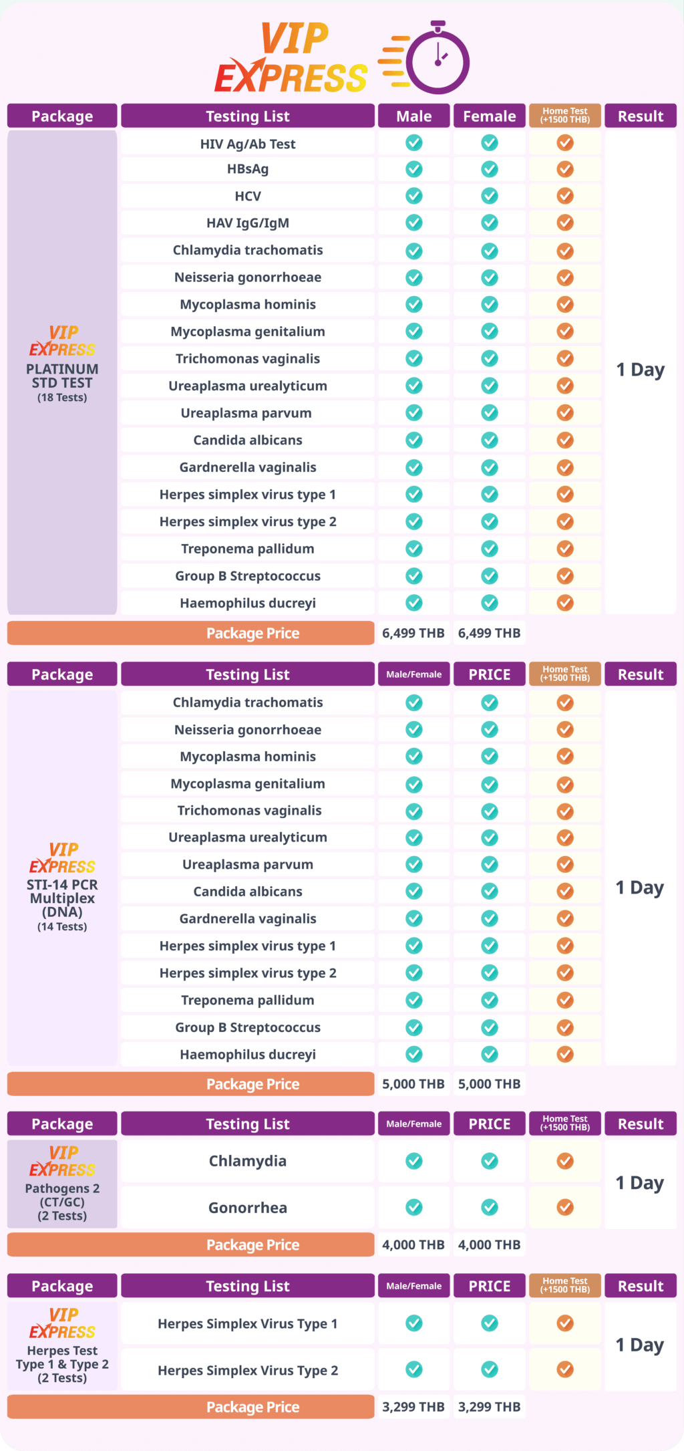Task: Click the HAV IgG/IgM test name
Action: pyautogui.click(x=248, y=223)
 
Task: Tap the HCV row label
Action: pyautogui.click(x=248, y=196)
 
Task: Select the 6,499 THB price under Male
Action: pyautogui.click(x=413, y=633)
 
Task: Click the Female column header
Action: pyautogui.click(x=489, y=116)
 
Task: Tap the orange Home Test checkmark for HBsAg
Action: pyautogui.click(x=565, y=169)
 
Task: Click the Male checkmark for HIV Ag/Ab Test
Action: pyautogui.click(x=414, y=142)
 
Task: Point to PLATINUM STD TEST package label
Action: pyautogui.click(x=62, y=376)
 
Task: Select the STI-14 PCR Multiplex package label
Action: pyautogui.click(x=62, y=898)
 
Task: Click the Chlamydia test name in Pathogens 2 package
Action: pyautogui.click(x=248, y=1161)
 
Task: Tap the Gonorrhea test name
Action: pyautogui.click(x=248, y=1208)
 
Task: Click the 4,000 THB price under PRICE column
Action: pyautogui.click(x=489, y=1244)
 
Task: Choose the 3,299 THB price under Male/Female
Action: pyautogui.click(x=413, y=1406)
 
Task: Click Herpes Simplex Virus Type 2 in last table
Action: pyautogui.click(x=248, y=1370)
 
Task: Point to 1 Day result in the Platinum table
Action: pyautogui.click(x=640, y=370)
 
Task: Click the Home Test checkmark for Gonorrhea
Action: pyautogui.click(x=565, y=1207)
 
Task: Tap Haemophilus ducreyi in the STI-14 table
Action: pyautogui.click(x=248, y=1055)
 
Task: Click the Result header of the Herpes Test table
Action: pyautogui.click(x=640, y=1286)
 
